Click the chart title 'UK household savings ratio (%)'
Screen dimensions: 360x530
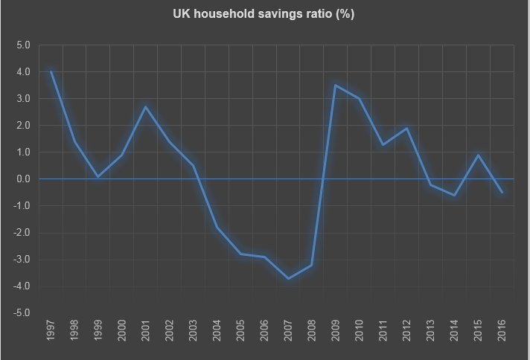[x=264, y=14]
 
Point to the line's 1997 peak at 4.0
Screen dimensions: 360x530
[x=51, y=72]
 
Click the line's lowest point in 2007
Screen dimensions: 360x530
[x=288, y=278]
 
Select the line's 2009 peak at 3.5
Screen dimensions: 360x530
[x=336, y=86]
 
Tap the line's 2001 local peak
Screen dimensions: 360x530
[x=146, y=107]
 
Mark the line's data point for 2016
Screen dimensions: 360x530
[x=502, y=193]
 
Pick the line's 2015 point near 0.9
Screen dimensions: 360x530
[x=478, y=155]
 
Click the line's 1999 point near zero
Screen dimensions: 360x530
[x=98, y=176]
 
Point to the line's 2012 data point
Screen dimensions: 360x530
[x=406, y=129]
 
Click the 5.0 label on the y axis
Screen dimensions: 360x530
[x=22, y=45]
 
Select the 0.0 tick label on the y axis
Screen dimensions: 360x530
[x=22, y=179]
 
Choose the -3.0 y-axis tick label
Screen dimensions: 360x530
[x=21, y=260]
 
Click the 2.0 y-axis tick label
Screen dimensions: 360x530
[x=22, y=126]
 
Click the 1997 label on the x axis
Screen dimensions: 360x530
[x=51, y=332]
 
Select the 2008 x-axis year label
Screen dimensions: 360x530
[x=312, y=332]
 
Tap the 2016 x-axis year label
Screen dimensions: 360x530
[x=502, y=332]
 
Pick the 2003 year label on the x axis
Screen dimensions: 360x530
[x=194, y=332]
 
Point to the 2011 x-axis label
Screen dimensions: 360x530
[x=383, y=332]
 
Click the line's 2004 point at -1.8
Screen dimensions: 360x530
[x=217, y=228]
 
